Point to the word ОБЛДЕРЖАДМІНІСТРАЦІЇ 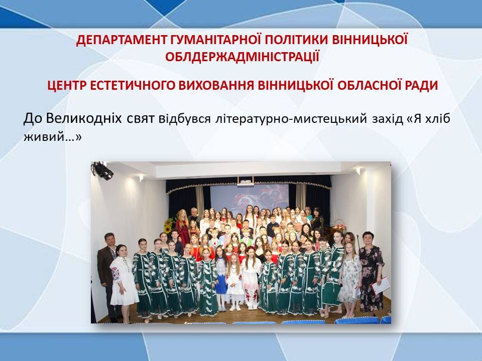pyautogui.click(x=242, y=57)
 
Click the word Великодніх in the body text pyautogui.click(x=84, y=118)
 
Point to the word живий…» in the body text pyautogui.click(x=53, y=137)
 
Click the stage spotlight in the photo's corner pyautogui.click(x=102, y=170)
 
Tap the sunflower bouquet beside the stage pyautogui.click(x=169, y=226)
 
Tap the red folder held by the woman pyautogui.click(x=381, y=285)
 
